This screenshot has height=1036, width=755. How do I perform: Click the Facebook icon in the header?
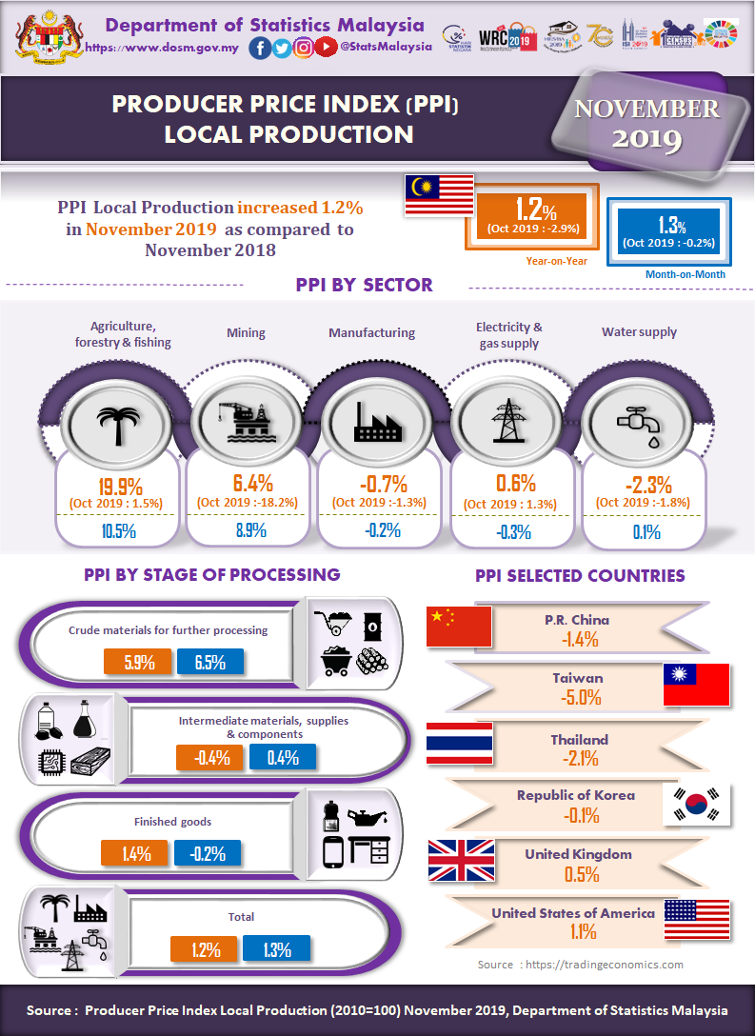pos(259,48)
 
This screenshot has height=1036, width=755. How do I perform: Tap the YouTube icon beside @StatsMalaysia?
pos(326,48)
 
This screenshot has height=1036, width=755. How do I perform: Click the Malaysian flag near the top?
pos(439,195)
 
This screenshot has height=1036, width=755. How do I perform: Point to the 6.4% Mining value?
pos(251,483)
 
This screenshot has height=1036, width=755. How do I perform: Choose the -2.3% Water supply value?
pos(644,483)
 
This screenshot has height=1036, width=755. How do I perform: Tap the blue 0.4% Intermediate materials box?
pos(283,758)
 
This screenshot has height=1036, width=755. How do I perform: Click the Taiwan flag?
pos(695,685)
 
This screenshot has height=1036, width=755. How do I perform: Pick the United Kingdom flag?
pos(461,860)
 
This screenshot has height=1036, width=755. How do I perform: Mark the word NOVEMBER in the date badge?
pos(646,109)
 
